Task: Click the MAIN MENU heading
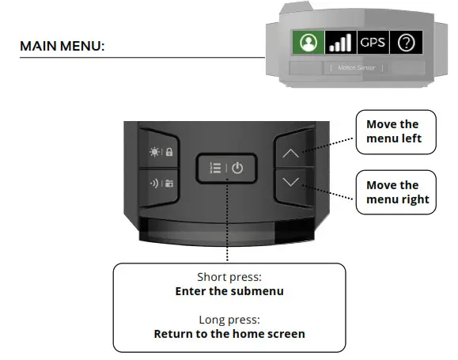point(62,47)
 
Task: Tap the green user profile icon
point(308,43)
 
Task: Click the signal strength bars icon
point(339,43)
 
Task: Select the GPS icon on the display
point(372,43)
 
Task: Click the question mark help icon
point(406,43)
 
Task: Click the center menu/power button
point(225,169)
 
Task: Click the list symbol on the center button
point(214,169)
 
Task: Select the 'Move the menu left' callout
point(392,132)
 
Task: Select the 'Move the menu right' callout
point(397,192)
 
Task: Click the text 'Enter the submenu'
point(229,291)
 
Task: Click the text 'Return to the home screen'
point(229,334)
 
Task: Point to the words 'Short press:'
point(229,278)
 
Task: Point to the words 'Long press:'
point(229,320)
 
